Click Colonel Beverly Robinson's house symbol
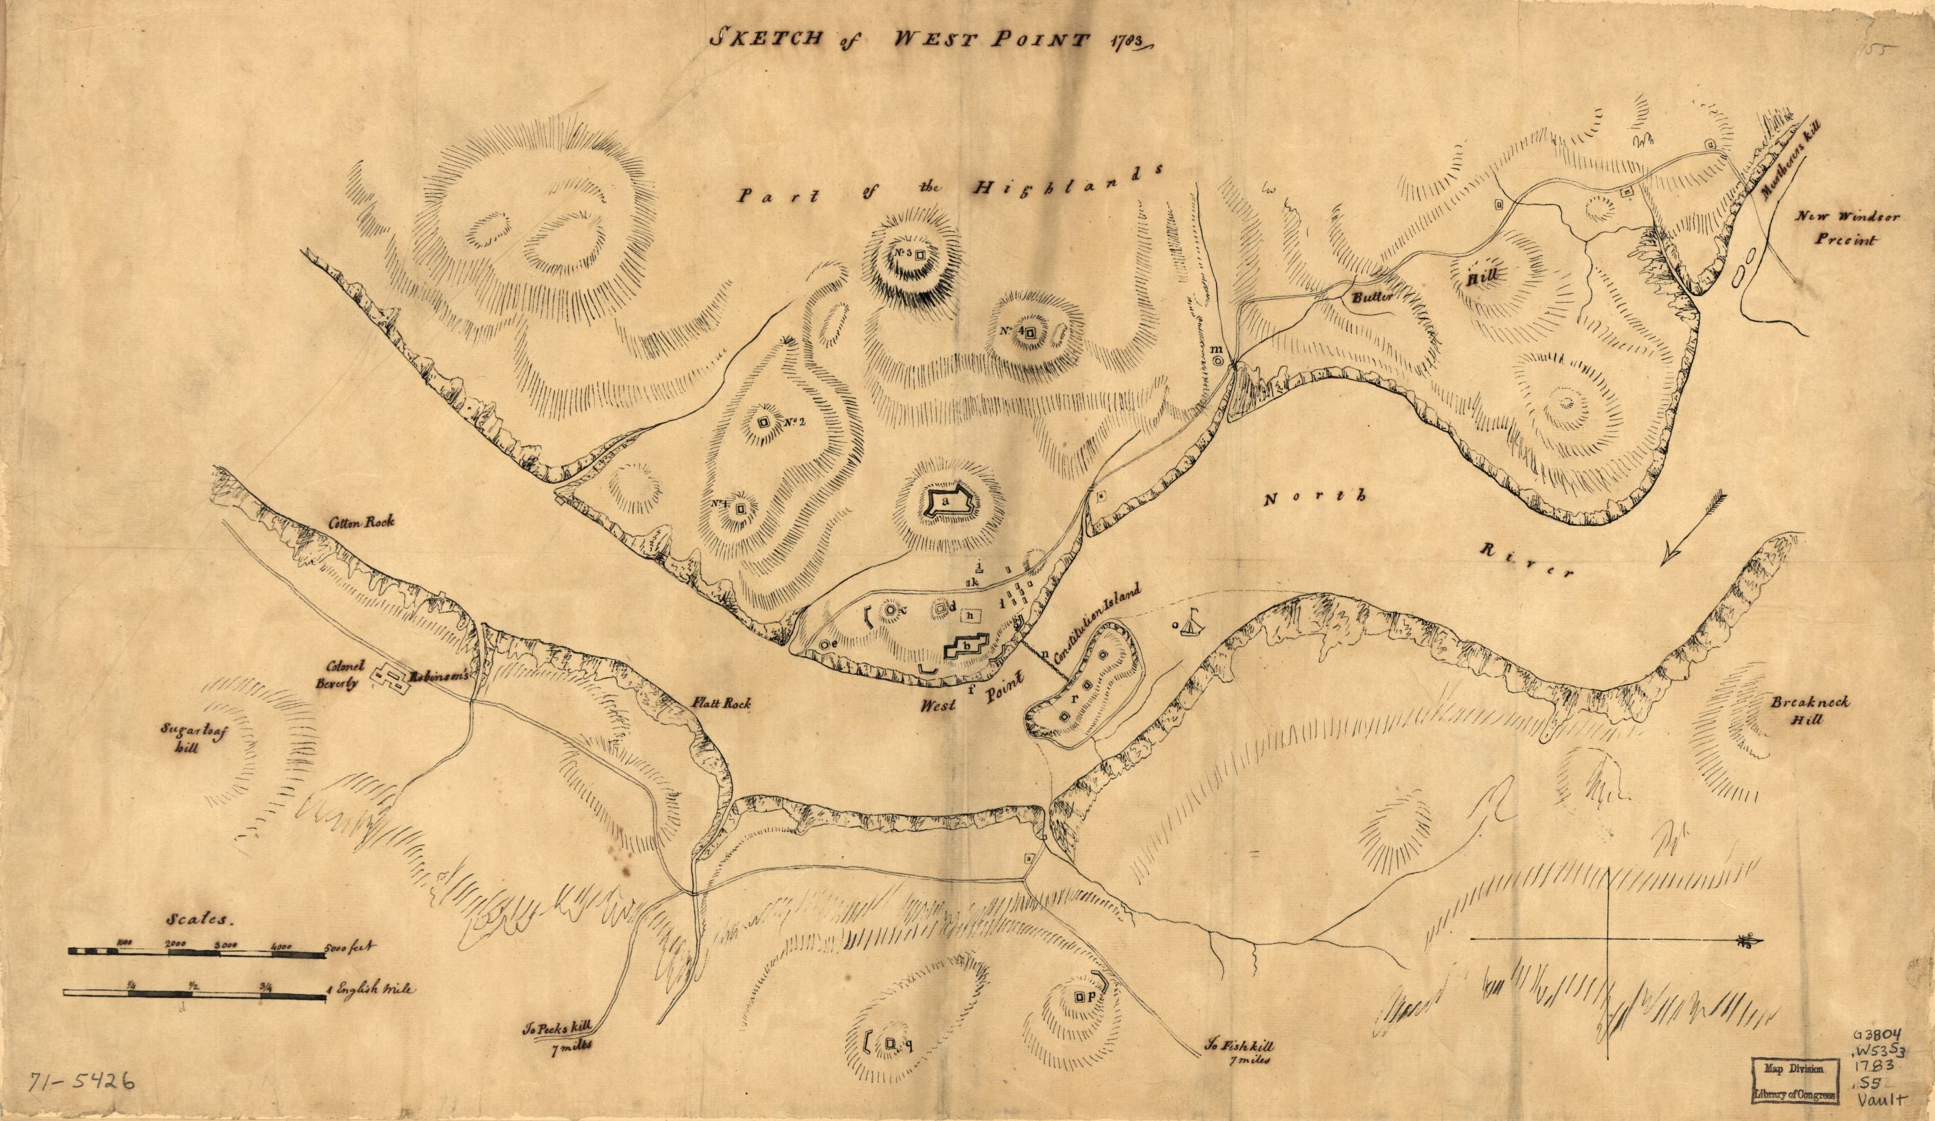point(391,675)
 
